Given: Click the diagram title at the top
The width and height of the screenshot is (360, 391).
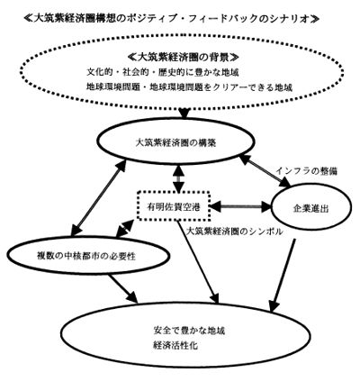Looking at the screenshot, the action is click(171, 19).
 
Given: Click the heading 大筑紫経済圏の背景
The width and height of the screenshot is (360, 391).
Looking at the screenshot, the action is click(183, 57).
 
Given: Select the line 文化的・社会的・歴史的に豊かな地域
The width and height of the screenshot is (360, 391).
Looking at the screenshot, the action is click(163, 72).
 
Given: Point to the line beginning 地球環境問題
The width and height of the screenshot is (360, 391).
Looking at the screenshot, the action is click(189, 87).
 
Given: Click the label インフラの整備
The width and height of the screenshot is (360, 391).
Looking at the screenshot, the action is click(307, 171).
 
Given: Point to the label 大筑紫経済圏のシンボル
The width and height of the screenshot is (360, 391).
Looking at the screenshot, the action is click(234, 232).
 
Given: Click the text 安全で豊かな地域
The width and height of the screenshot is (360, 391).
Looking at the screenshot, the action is click(189, 331).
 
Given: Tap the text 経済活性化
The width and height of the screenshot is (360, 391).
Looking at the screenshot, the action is click(175, 345).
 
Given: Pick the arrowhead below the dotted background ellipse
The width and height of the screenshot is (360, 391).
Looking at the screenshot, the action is click(184, 113).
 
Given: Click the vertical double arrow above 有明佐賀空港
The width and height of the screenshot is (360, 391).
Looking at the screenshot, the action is click(179, 179).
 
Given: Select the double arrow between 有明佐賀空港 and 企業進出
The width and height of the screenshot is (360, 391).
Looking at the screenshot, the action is click(240, 206).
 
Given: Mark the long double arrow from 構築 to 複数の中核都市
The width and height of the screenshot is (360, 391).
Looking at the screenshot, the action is click(98, 198).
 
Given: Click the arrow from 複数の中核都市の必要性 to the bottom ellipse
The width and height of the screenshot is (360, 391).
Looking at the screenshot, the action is click(123, 288).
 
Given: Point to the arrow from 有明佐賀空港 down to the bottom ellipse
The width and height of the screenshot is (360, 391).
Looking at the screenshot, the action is click(198, 261).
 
